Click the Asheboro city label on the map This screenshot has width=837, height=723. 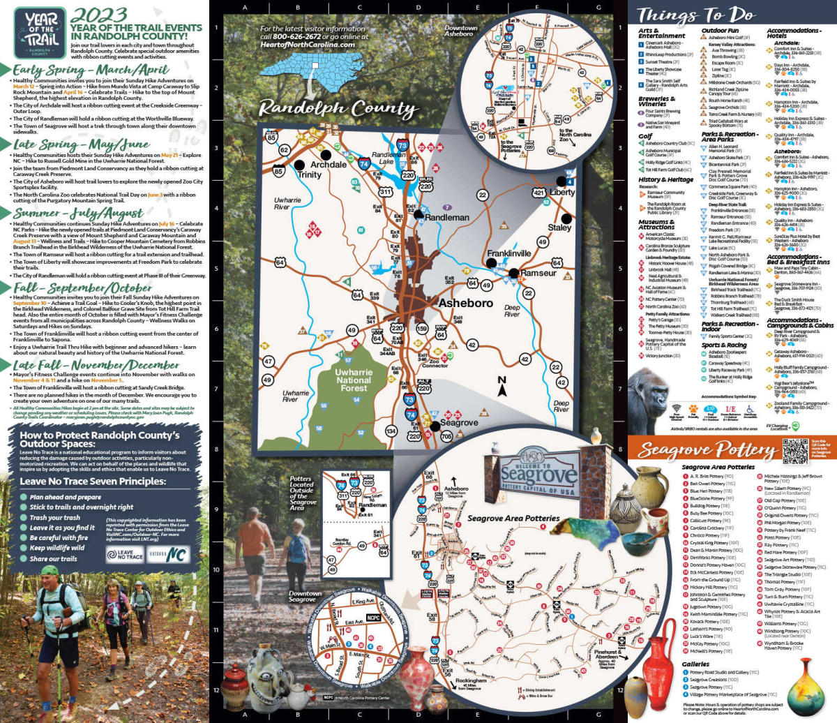pyautogui.click(x=466, y=303)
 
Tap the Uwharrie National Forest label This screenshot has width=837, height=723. pyautogui.click(x=354, y=380)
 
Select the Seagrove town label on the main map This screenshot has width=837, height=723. pyautogui.click(x=458, y=423)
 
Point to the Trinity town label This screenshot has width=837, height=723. pyautogui.click(x=309, y=174)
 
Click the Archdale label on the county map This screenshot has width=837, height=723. pyautogui.click(x=329, y=165)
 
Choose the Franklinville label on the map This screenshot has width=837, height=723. pyautogui.click(x=509, y=253)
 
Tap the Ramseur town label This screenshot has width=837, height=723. pyautogui.click(x=538, y=273)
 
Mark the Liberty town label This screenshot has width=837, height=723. pyautogui.click(x=562, y=192)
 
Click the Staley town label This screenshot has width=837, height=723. pyautogui.click(x=559, y=228)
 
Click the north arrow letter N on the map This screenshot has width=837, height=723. pyautogui.click(x=502, y=381)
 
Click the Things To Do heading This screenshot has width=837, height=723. pyautogui.click(x=695, y=15)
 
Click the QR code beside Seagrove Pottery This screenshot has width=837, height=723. pyautogui.click(x=794, y=451)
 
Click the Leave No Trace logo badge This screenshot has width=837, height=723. pyautogui.click(x=125, y=554)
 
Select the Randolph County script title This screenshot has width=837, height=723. pyautogui.click(x=338, y=109)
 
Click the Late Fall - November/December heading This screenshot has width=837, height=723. pyautogui.click(x=96, y=365)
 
